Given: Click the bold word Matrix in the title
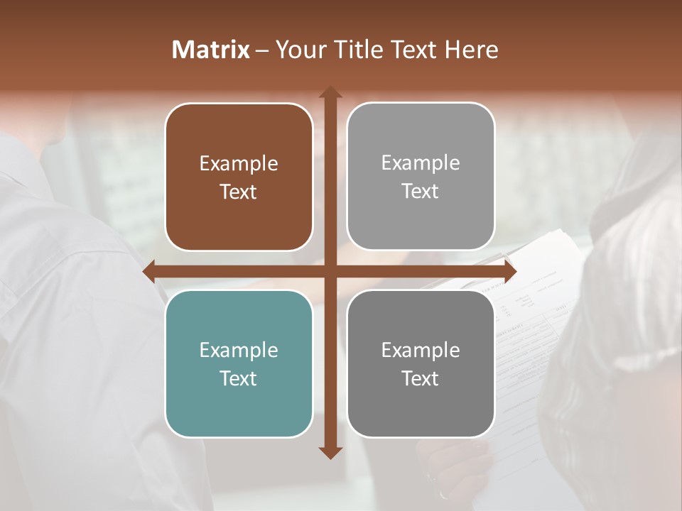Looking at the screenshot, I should tap(211, 50).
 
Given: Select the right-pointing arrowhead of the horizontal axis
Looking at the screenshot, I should tap(509, 271).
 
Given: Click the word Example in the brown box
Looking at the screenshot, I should tap(239, 164).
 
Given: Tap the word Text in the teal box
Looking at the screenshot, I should tap(239, 378).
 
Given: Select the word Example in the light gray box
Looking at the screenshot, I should tap(421, 163).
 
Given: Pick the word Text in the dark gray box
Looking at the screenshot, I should tap(421, 378).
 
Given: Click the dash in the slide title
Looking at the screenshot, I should tap(262, 50).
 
